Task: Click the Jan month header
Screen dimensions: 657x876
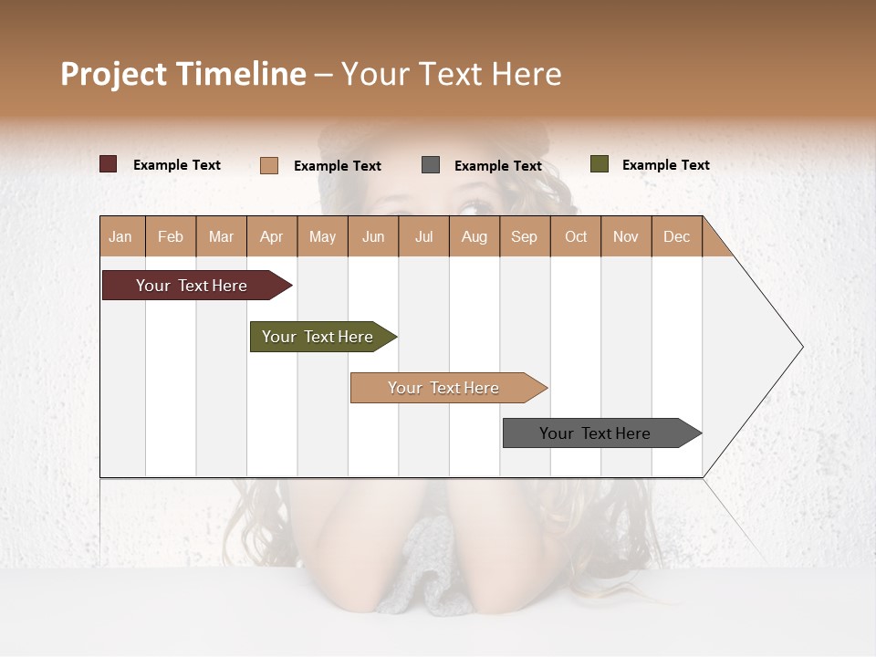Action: click(x=121, y=236)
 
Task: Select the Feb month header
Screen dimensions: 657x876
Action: click(x=171, y=236)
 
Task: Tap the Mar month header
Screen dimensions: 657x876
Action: click(x=221, y=236)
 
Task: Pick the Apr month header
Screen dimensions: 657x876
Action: click(x=272, y=236)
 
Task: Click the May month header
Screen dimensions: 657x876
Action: click(x=322, y=236)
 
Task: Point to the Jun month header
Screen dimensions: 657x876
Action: click(x=373, y=236)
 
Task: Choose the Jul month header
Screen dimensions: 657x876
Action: click(x=423, y=236)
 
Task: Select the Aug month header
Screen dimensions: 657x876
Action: click(x=474, y=236)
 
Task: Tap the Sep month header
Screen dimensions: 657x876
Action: click(x=525, y=236)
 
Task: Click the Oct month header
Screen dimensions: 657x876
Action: click(x=576, y=236)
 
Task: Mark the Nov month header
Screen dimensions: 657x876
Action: click(x=626, y=236)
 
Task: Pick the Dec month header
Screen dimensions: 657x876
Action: click(x=676, y=236)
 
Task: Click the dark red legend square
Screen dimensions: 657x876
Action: click(x=109, y=164)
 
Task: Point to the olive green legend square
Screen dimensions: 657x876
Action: click(x=599, y=164)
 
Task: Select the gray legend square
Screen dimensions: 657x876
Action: click(x=431, y=165)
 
